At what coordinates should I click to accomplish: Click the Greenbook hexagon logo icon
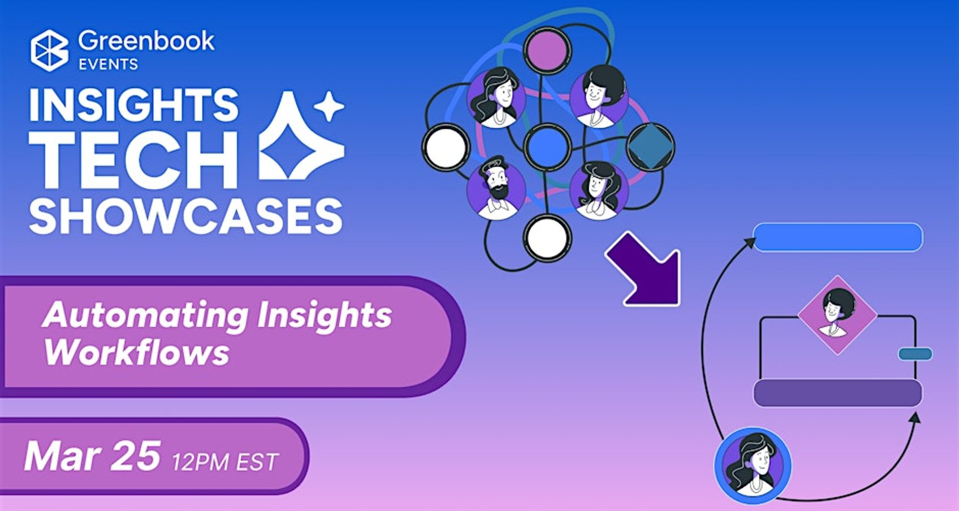[50, 50]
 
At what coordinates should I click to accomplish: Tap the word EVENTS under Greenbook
[109, 64]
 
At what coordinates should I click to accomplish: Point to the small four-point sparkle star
[329, 106]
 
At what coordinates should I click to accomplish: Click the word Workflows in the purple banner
[136, 353]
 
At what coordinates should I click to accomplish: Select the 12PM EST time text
[226, 462]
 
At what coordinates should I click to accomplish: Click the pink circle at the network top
[547, 50]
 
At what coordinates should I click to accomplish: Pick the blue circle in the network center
[547, 147]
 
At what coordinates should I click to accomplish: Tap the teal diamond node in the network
[650, 147]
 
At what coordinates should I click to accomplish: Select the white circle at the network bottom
[547, 238]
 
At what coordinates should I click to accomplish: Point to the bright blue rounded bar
[838, 237]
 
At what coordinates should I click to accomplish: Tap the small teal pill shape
[915, 354]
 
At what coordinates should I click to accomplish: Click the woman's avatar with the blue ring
[753, 466]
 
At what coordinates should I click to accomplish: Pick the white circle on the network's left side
[446, 148]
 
